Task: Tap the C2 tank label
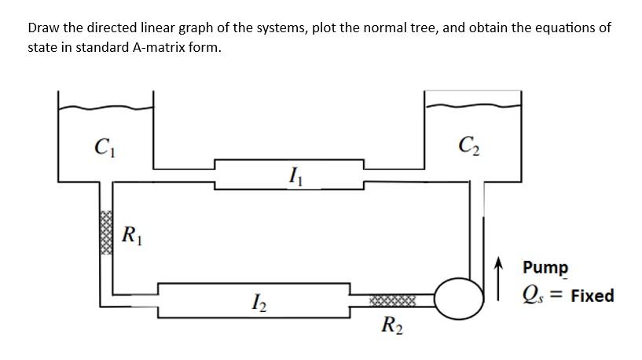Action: tap(469, 145)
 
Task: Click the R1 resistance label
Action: tap(132, 234)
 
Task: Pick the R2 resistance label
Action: tap(391, 323)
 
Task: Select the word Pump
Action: tap(545, 267)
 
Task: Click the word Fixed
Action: tap(592, 296)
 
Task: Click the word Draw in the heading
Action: tap(44, 28)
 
